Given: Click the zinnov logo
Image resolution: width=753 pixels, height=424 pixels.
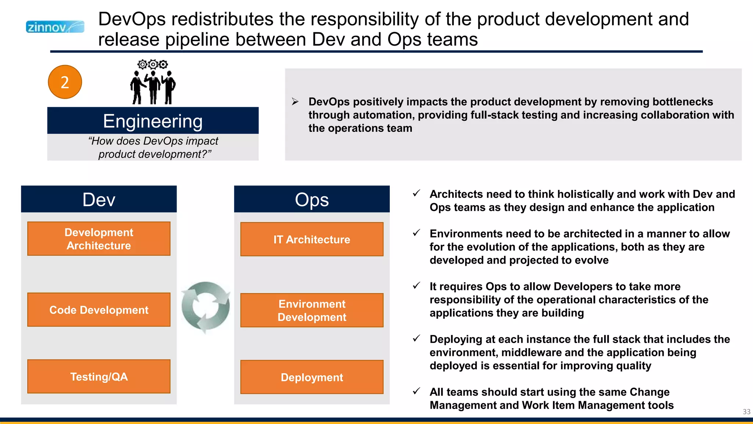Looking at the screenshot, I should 55,27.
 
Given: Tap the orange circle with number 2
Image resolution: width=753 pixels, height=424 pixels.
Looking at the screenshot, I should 65,82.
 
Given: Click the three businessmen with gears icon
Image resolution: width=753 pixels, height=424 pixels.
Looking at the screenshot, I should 153,83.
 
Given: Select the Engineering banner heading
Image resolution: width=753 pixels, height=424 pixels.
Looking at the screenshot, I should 153,121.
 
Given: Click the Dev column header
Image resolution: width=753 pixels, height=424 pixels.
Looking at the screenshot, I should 99,199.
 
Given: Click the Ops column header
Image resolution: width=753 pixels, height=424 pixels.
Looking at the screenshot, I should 312,199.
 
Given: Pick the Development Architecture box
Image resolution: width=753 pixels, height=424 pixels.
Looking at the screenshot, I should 99,239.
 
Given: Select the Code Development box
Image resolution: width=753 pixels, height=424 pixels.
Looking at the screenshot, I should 99,310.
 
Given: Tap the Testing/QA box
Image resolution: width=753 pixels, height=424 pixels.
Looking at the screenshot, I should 99,377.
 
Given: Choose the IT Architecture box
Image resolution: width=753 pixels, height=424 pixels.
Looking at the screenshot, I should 312,239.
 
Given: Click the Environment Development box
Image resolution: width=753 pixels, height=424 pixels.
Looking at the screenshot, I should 312,310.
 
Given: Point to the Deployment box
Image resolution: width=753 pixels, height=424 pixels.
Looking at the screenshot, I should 312,377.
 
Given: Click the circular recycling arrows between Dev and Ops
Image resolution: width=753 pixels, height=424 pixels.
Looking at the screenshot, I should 206,306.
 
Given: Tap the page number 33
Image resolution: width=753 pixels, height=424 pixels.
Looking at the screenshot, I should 746,411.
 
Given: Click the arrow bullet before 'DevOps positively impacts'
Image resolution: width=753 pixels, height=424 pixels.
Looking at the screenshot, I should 295,102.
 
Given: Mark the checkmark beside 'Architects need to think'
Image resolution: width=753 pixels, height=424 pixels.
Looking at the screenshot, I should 416,193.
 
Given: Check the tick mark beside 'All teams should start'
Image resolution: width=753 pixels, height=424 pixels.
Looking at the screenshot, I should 416,391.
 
